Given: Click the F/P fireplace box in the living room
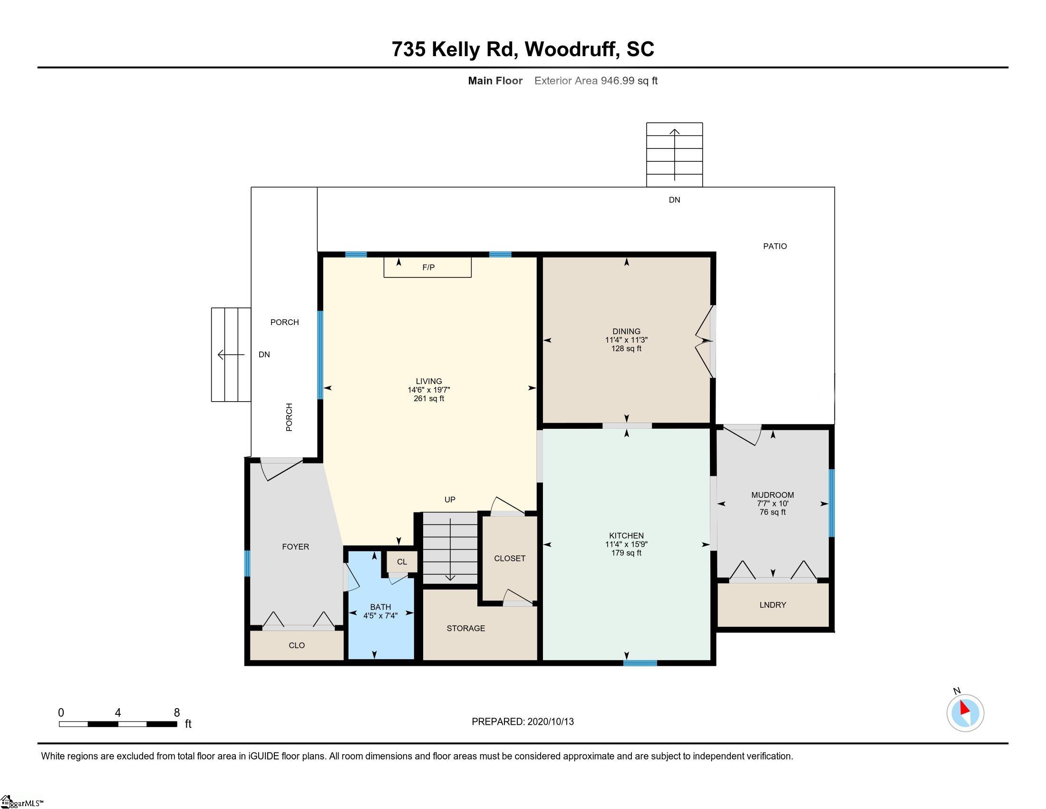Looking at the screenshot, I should click(428, 267).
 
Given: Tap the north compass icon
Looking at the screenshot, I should click(965, 713).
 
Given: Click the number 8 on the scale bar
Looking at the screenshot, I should click(177, 712).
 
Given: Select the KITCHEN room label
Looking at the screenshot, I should click(626, 536).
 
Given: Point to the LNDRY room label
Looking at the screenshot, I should click(773, 605).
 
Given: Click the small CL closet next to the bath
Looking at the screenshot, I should click(402, 562).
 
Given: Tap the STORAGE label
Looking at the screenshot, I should click(465, 628).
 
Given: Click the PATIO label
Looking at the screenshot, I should click(775, 247).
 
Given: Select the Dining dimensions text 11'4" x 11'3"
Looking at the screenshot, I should click(626, 340).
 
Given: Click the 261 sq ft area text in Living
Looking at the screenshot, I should click(429, 399).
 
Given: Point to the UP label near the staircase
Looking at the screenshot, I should click(450, 499).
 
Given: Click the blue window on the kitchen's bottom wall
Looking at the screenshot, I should click(640, 663).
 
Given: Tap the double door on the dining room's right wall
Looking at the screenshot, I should click(705, 341).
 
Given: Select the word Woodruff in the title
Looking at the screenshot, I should click(570, 49).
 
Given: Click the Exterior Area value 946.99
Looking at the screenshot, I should click(617, 81).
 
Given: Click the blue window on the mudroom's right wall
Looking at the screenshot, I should click(832, 503).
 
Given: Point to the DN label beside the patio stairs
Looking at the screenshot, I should click(674, 200).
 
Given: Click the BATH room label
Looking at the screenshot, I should click(380, 607).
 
